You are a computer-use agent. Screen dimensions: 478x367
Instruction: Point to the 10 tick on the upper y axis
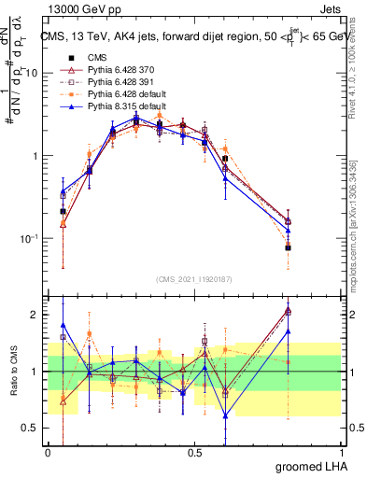click(33, 73)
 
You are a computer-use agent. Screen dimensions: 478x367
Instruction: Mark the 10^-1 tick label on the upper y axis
click(30, 239)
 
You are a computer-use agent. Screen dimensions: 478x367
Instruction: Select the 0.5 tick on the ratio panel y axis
click(33, 428)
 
